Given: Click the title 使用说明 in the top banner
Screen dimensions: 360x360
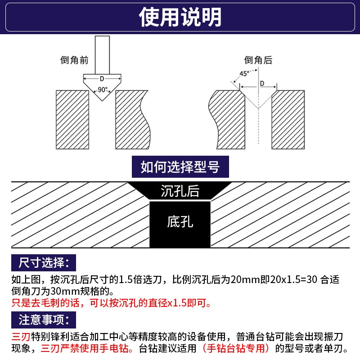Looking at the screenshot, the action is [180, 18].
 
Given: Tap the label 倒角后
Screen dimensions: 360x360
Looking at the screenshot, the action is [258, 60].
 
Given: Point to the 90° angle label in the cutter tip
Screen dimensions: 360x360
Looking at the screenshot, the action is [103, 90].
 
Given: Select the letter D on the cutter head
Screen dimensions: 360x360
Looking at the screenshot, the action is [102, 79].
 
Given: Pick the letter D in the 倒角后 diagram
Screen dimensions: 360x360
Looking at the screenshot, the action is [262, 83].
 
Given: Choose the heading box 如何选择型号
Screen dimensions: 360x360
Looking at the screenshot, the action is [180, 168].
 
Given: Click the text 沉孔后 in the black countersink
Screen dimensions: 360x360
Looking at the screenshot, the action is [180, 191].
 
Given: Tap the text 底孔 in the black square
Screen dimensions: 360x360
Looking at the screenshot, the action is [180, 222].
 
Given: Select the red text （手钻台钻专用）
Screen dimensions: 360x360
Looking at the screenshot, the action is [238, 348].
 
